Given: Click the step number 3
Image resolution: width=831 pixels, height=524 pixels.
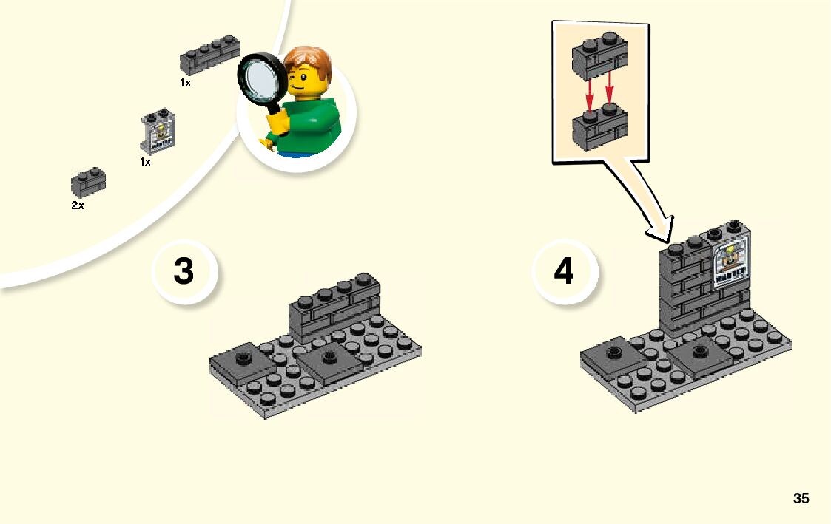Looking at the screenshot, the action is (184, 272).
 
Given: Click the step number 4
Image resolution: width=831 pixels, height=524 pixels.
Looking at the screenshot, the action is (564, 272).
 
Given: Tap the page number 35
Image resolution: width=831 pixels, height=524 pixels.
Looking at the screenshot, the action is (801, 498).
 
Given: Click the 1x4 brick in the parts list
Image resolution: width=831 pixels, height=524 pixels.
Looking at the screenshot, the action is (210, 57).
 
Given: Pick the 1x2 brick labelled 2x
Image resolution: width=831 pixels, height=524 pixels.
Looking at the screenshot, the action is (88, 183).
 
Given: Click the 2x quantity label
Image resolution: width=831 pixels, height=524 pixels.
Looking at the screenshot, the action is (78, 206).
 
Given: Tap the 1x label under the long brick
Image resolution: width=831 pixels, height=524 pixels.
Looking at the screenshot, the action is (185, 84).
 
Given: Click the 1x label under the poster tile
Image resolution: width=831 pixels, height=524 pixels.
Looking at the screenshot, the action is (145, 162).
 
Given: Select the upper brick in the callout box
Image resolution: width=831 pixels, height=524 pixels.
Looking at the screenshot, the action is (600, 58).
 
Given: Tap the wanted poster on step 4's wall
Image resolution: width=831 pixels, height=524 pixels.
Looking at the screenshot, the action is (730, 265).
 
